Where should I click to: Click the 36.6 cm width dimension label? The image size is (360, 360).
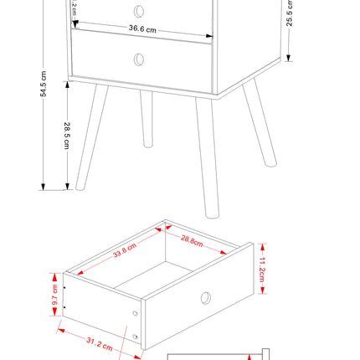pos(142,28)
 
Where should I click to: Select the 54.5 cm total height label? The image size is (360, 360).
pos(43,89)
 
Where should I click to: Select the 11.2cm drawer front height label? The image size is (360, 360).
pos(262,270)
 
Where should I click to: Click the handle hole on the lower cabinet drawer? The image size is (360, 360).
pos(139,59)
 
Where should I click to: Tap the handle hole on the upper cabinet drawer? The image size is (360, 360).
pos(139,11)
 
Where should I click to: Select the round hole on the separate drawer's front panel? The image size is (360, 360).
pos(205,297)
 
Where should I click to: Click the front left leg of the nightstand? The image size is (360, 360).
pos(92,138)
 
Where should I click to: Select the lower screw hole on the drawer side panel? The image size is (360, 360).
pos(136,336)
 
